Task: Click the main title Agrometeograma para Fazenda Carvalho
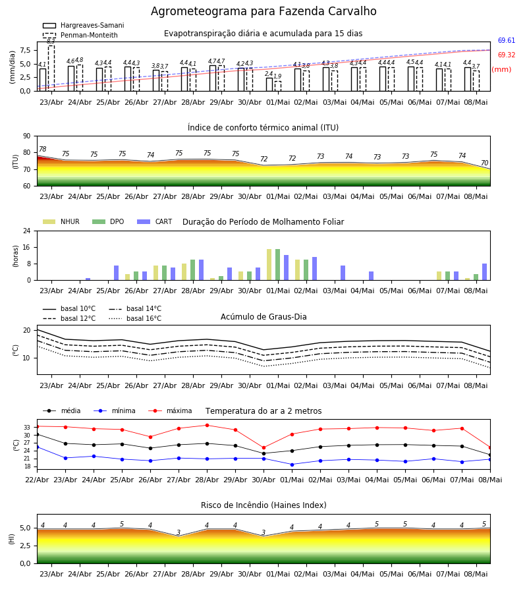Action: pyautogui.click(x=263, y=11)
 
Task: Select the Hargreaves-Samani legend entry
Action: pyautogui.click(x=84, y=25)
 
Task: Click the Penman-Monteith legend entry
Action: pyautogui.click(x=80, y=35)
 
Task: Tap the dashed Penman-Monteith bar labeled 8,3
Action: pyautogui.click(x=51, y=68)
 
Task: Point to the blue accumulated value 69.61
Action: pyautogui.click(x=507, y=40)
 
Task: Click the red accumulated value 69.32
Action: pyautogui.click(x=507, y=55)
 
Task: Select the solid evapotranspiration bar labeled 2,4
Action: pyautogui.click(x=269, y=84)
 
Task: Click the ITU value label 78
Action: pyautogui.click(x=43, y=149)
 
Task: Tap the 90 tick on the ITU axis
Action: pyautogui.click(x=27, y=136)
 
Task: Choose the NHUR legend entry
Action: pyautogui.click(x=61, y=221)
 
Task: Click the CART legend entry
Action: pyautogui.click(x=155, y=221)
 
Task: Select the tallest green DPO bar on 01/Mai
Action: pyautogui.click(x=278, y=265)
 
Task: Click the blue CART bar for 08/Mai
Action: pyautogui.click(x=485, y=272)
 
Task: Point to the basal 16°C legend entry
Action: pyautogui.click(x=135, y=318)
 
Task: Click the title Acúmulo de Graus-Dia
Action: pyautogui.click(x=263, y=316)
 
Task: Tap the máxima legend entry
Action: pyautogui.click(x=170, y=410)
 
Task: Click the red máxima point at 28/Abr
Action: pyautogui.click(x=207, y=425)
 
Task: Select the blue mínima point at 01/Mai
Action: pyautogui.click(x=292, y=465)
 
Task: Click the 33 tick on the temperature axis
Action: pyautogui.click(x=27, y=428)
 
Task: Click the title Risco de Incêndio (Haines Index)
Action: pyautogui.click(x=263, y=505)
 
